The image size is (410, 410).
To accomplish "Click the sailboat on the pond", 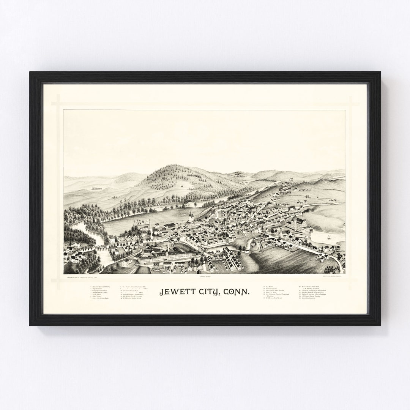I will point(329,237).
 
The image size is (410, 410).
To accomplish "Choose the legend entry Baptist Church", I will point(97,288).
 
